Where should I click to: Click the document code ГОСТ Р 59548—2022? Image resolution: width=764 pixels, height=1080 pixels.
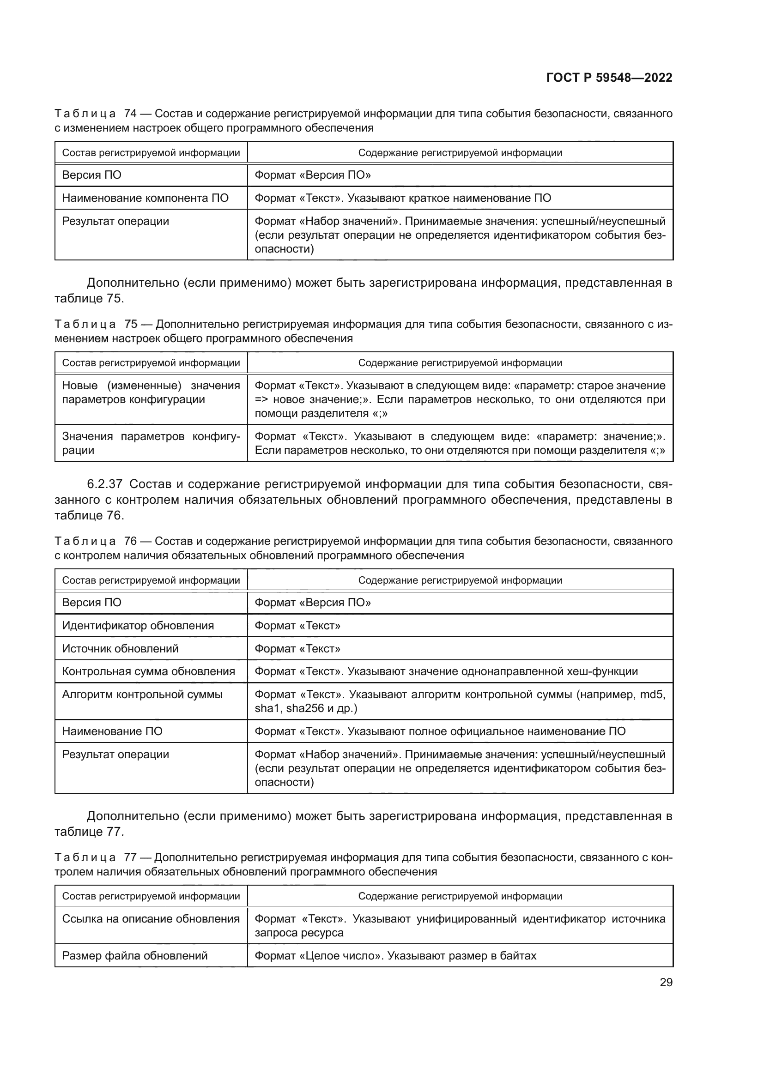(x=609, y=78)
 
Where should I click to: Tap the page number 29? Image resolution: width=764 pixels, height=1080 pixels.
(x=666, y=982)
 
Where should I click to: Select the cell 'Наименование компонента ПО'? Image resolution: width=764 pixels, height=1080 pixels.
(x=145, y=198)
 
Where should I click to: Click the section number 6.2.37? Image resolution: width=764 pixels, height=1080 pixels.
(x=104, y=484)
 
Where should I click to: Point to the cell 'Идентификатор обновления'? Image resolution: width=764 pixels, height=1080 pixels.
(x=138, y=626)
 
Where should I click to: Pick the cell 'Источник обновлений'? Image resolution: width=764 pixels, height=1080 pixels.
(x=121, y=649)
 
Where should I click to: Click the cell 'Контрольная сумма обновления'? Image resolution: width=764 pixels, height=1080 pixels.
(x=148, y=671)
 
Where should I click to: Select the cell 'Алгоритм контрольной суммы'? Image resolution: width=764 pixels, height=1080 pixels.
(x=142, y=694)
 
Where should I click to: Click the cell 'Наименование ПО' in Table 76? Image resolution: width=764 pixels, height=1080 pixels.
(x=112, y=731)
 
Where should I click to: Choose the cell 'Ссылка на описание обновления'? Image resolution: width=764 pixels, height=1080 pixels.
(x=151, y=919)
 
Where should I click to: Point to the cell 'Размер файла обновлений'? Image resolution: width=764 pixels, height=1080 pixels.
(x=134, y=955)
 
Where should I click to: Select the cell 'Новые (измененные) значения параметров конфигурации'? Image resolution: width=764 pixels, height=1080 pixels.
(x=151, y=392)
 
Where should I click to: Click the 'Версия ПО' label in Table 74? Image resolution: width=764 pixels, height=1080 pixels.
(x=92, y=175)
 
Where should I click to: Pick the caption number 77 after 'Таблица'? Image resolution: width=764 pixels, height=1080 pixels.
(x=130, y=857)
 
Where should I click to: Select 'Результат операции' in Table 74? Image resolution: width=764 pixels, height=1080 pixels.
(x=115, y=221)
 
